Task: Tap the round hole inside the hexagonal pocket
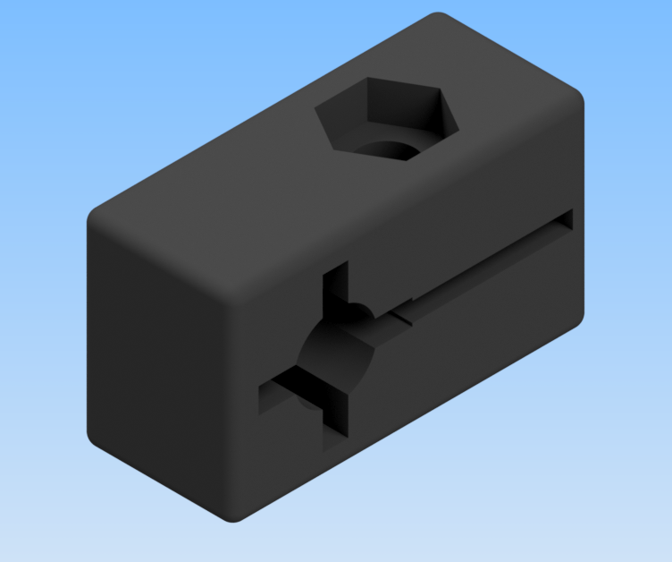390,147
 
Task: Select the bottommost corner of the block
234,519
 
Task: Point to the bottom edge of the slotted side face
411,421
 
